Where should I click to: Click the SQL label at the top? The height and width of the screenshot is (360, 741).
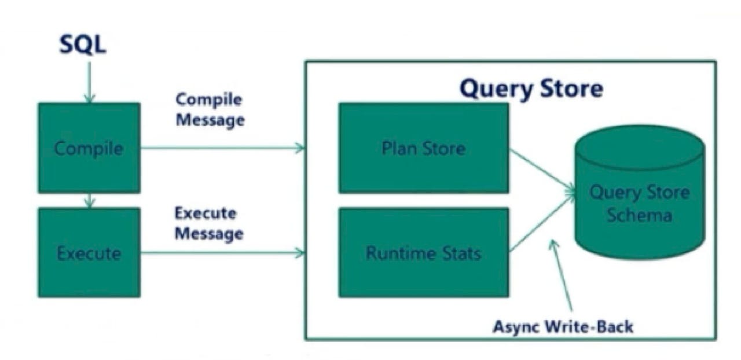click(x=83, y=45)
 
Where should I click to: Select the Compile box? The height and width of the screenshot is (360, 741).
click(x=89, y=148)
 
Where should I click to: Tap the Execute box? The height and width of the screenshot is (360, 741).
click(x=89, y=253)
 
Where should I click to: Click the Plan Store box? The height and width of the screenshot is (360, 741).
click(x=423, y=148)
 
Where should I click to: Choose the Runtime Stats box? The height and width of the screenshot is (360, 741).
click(x=423, y=253)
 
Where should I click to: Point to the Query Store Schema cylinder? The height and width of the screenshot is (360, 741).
click(x=639, y=197)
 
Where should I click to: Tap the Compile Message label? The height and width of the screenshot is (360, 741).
click(x=209, y=110)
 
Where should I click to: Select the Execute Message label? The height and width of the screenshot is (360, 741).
click(x=208, y=223)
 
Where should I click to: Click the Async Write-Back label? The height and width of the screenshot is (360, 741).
click(x=563, y=326)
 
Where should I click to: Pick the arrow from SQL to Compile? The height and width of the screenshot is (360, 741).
click(x=89, y=82)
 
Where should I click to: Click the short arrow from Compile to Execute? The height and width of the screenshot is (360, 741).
click(x=89, y=200)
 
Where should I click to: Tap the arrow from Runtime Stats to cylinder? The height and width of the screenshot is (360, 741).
click(x=542, y=223)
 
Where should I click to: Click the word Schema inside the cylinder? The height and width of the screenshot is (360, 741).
click(x=639, y=216)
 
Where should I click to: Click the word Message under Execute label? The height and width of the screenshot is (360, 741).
click(x=208, y=234)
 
